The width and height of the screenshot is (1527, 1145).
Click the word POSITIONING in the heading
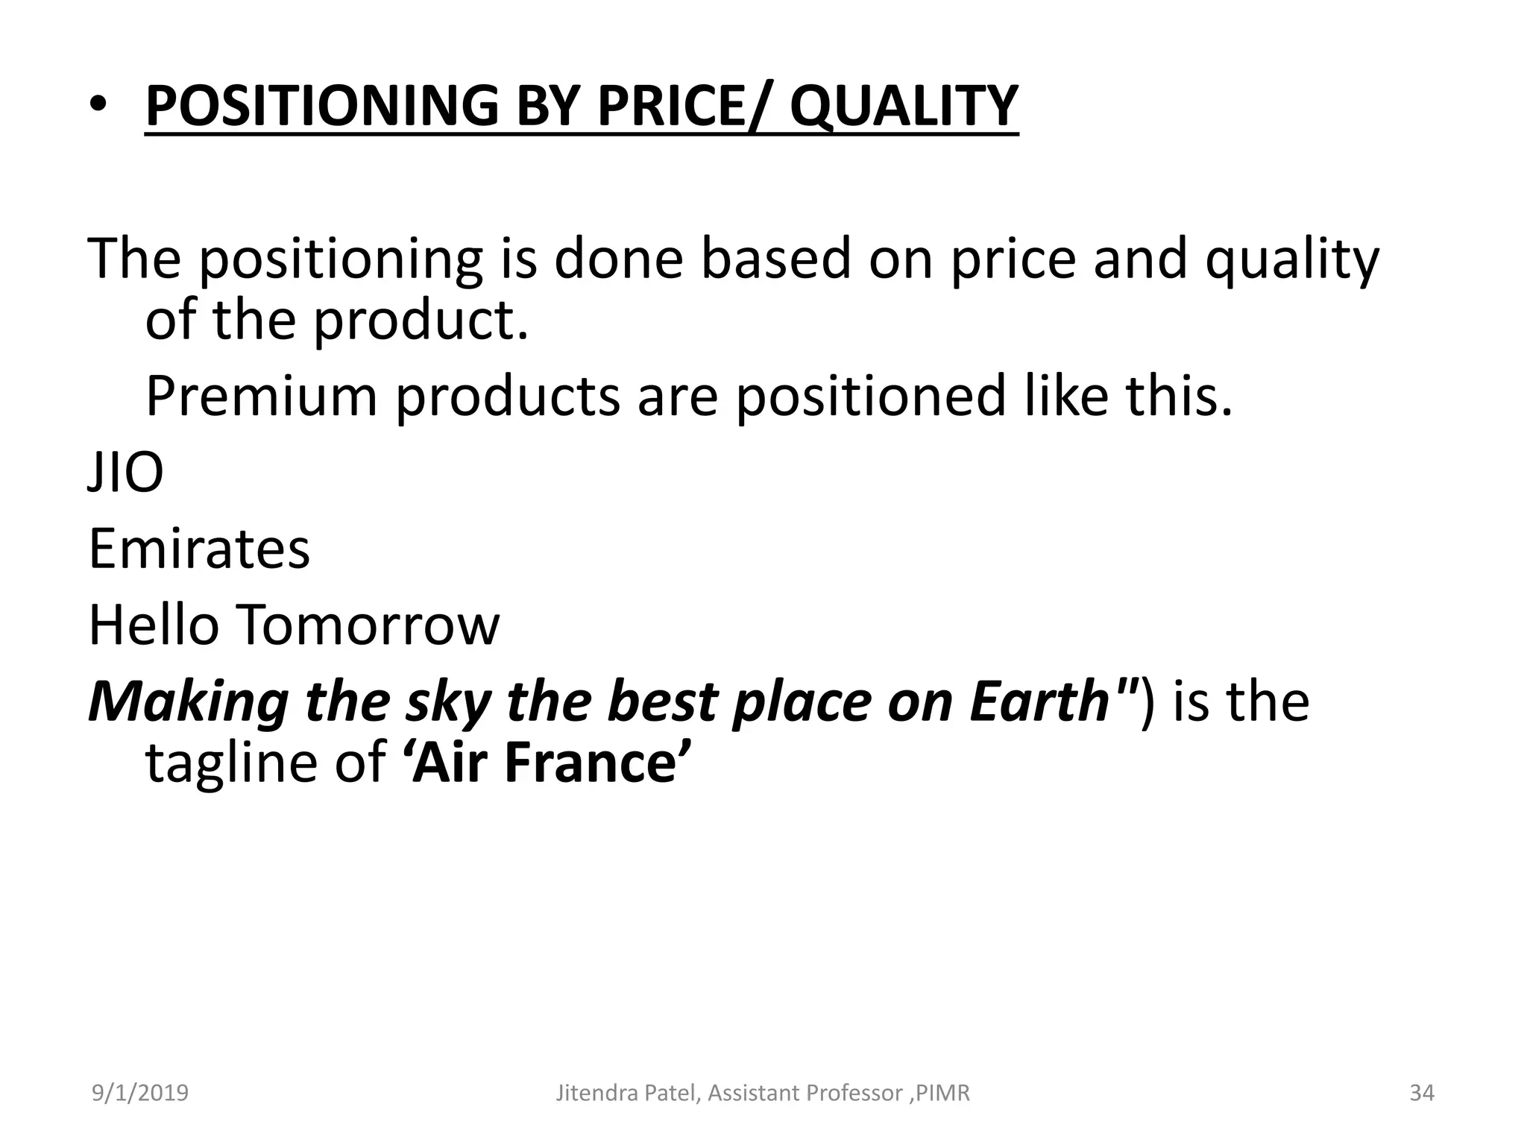click(x=321, y=106)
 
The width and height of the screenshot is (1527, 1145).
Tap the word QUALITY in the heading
click(x=904, y=106)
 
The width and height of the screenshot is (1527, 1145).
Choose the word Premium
click(x=262, y=396)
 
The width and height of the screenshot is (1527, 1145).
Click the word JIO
click(x=125, y=473)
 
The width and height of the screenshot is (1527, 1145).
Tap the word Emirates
click(x=199, y=549)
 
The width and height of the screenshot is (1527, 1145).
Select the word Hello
click(x=154, y=625)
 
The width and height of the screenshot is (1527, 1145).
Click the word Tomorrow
click(x=369, y=625)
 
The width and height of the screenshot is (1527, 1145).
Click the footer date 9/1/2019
click(x=140, y=1093)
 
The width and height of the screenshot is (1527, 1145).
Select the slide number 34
click(x=1422, y=1093)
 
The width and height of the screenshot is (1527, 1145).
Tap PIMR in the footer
click(x=943, y=1093)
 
